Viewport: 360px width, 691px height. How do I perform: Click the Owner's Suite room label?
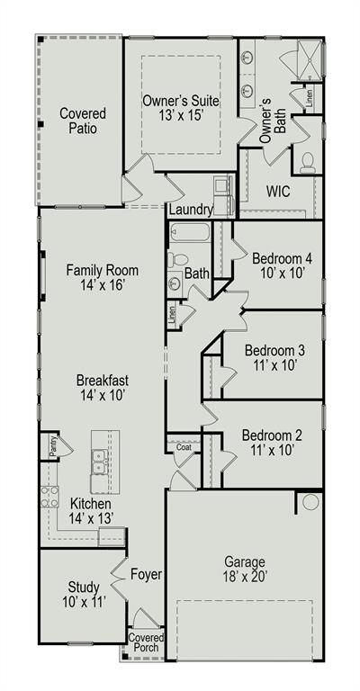tap(180, 101)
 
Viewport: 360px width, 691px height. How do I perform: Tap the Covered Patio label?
tap(83, 121)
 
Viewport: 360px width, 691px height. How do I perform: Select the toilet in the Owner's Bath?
tap(307, 162)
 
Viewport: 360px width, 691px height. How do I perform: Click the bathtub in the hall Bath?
tap(190, 232)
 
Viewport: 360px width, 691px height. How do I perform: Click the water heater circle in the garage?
tap(310, 502)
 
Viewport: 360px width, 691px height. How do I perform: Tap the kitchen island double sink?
tap(100, 462)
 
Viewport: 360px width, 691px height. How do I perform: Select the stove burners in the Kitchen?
tap(49, 497)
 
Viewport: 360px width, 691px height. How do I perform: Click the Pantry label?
tap(52, 446)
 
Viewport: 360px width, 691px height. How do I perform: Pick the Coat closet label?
tap(184, 447)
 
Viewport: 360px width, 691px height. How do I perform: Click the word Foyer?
tap(147, 574)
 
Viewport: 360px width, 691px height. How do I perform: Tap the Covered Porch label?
tap(147, 642)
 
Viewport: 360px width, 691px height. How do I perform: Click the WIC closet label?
tap(278, 192)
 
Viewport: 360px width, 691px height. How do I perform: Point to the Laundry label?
tap(191, 210)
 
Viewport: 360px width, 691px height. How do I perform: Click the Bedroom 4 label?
tap(278, 258)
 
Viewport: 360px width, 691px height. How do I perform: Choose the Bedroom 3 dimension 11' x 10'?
tap(274, 365)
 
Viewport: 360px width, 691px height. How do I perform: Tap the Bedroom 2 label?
tap(273, 435)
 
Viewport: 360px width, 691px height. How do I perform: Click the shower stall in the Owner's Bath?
tap(310, 60)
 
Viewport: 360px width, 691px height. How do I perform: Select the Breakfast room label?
tap(103, 380)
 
